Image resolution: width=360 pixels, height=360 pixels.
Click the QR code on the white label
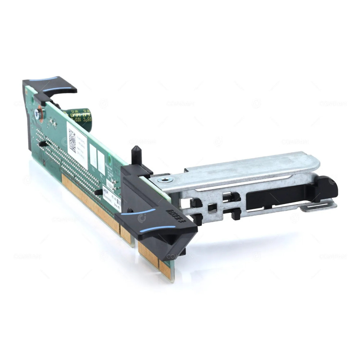coord(72,140)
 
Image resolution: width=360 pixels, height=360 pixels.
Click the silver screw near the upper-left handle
coord(38,114)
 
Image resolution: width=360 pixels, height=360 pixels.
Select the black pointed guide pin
coord(136,155)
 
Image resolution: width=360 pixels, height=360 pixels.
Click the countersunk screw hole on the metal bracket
coord(166,179)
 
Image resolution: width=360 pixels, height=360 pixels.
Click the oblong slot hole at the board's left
coord(42,144)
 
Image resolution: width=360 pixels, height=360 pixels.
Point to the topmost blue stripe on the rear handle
coord(43,79)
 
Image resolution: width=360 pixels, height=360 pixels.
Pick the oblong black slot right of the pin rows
coord(98,192)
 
